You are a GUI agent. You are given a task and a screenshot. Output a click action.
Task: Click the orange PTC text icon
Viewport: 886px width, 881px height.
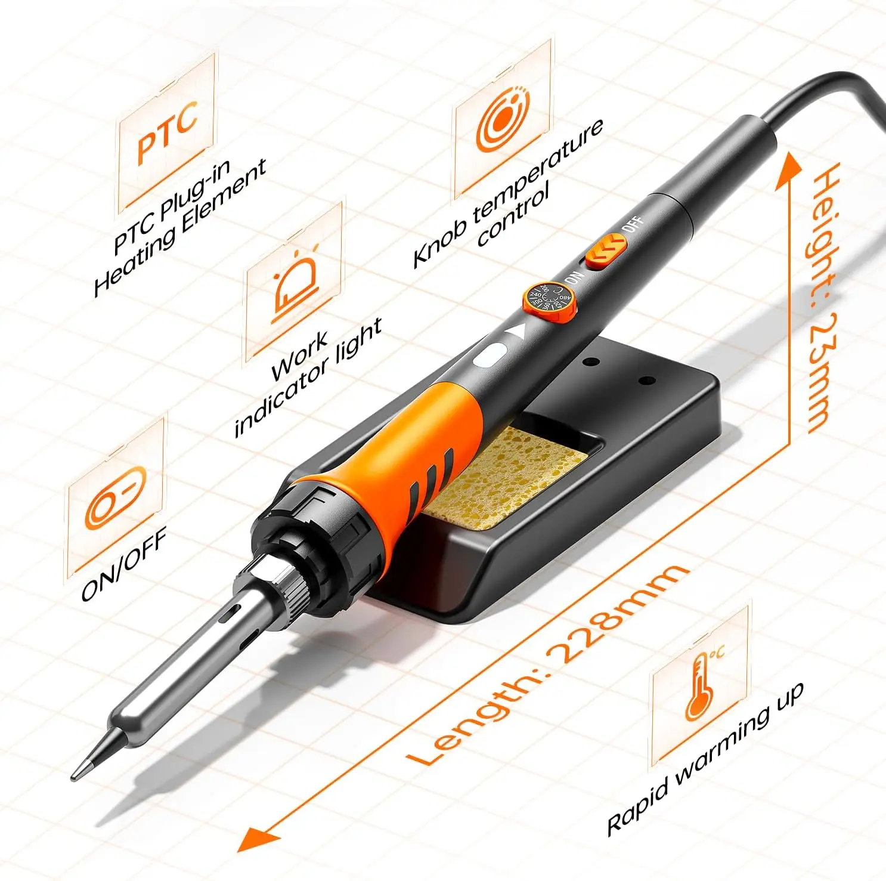(x=167, y=134)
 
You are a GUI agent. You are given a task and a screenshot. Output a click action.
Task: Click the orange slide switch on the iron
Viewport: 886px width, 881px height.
(x=605, y=250)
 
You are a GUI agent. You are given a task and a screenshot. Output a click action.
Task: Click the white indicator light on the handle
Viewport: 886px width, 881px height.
(x=490, y=356)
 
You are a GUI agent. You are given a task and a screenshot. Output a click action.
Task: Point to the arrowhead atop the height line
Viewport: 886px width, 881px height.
(x=789, y=167)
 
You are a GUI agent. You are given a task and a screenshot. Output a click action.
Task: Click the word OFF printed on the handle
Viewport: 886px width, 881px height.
(x=633, y=225)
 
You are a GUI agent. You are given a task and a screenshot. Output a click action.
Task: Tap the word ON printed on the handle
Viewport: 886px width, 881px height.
(x=572, y=277)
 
